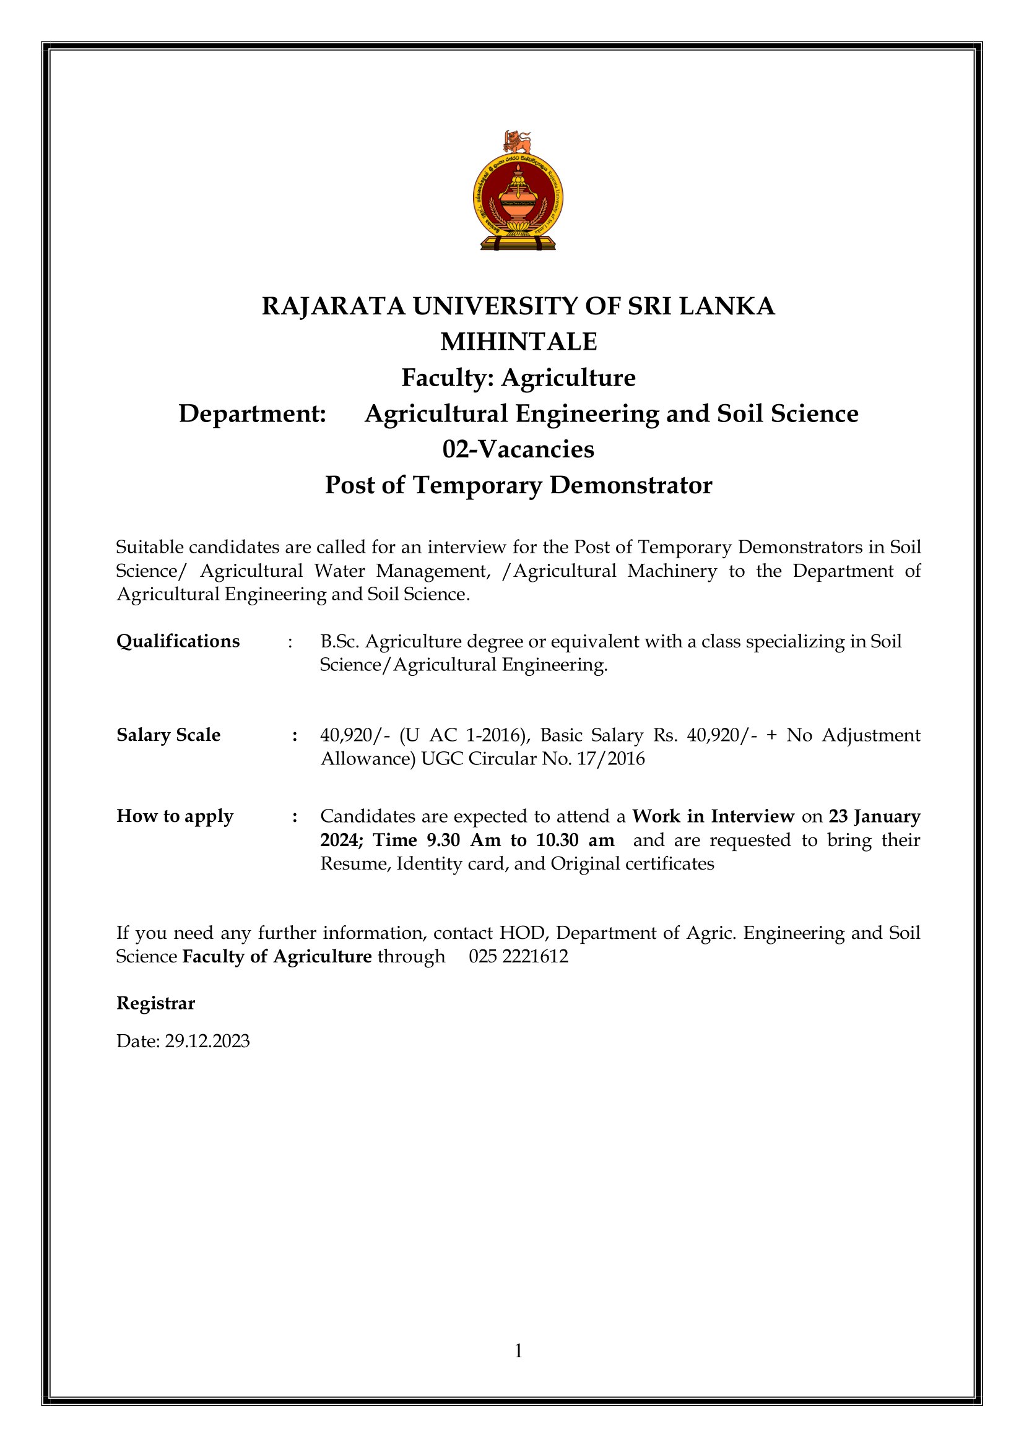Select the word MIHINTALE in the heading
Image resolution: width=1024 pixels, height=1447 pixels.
(x=518, y=342)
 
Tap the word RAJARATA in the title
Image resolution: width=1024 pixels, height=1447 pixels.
(x=333, y=306)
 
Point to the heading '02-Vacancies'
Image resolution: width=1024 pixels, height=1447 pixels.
(x=518, y=449)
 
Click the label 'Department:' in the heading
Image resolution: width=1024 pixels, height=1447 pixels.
(x=252, y=414)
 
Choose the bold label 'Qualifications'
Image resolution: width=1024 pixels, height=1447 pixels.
(x=178, y=641)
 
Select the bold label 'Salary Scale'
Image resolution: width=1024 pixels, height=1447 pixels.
(x=168, y=735)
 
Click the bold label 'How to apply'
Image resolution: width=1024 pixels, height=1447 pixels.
(x=175, y=816)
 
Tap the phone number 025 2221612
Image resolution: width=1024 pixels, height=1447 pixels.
(x=518, y=956)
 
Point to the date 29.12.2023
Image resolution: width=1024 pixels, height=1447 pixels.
(x=207, y=1040)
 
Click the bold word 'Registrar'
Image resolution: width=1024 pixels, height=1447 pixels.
(x=156, y=1003)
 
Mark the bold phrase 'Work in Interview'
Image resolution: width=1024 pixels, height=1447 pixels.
(x=713, y=816)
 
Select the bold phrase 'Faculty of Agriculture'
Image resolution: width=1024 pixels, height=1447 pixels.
(x=277, y=957)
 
